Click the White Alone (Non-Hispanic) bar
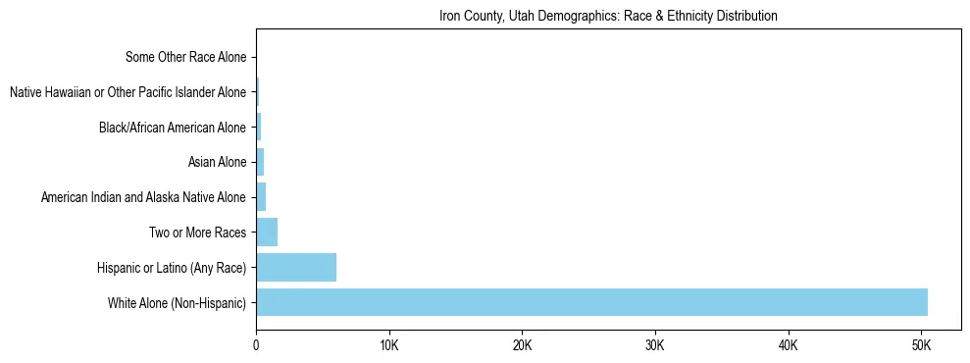pyautogui.click(x=591, y=302)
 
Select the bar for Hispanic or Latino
pyautogui.click(x=296, y=267)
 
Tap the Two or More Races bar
pyautogui.click(x=267, y=233)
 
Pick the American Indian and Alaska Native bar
pyautogui.click(x=261, y=197)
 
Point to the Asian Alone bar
pyautogui.click(x=260, y=162)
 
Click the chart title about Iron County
pyautogui.click(x=608, y=16)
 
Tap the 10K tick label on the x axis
pyautogui.click(x=389, y=346)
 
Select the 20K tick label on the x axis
pyautogui.click(x=522, y=346)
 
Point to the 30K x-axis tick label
pyautogui.click(x=655, y=346)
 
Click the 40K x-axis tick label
pyautogui.click(x=789, y=346)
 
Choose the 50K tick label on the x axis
pyautogui.click(x=921, y=346)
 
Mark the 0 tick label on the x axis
pyautogui.click(x=256, y=346)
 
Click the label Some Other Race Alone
pyautogui.click(x=185, y=57)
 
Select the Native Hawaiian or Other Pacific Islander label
pyautogui.click(x=128, y=92)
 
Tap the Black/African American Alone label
pyautogui.click(x=173, y=128)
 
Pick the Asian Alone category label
pyautogui.click(x=217, y=162)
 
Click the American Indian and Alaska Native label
pyautogui.click(x=143, y=197)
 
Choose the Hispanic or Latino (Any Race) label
pyautogui.click(x=172, y=268)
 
